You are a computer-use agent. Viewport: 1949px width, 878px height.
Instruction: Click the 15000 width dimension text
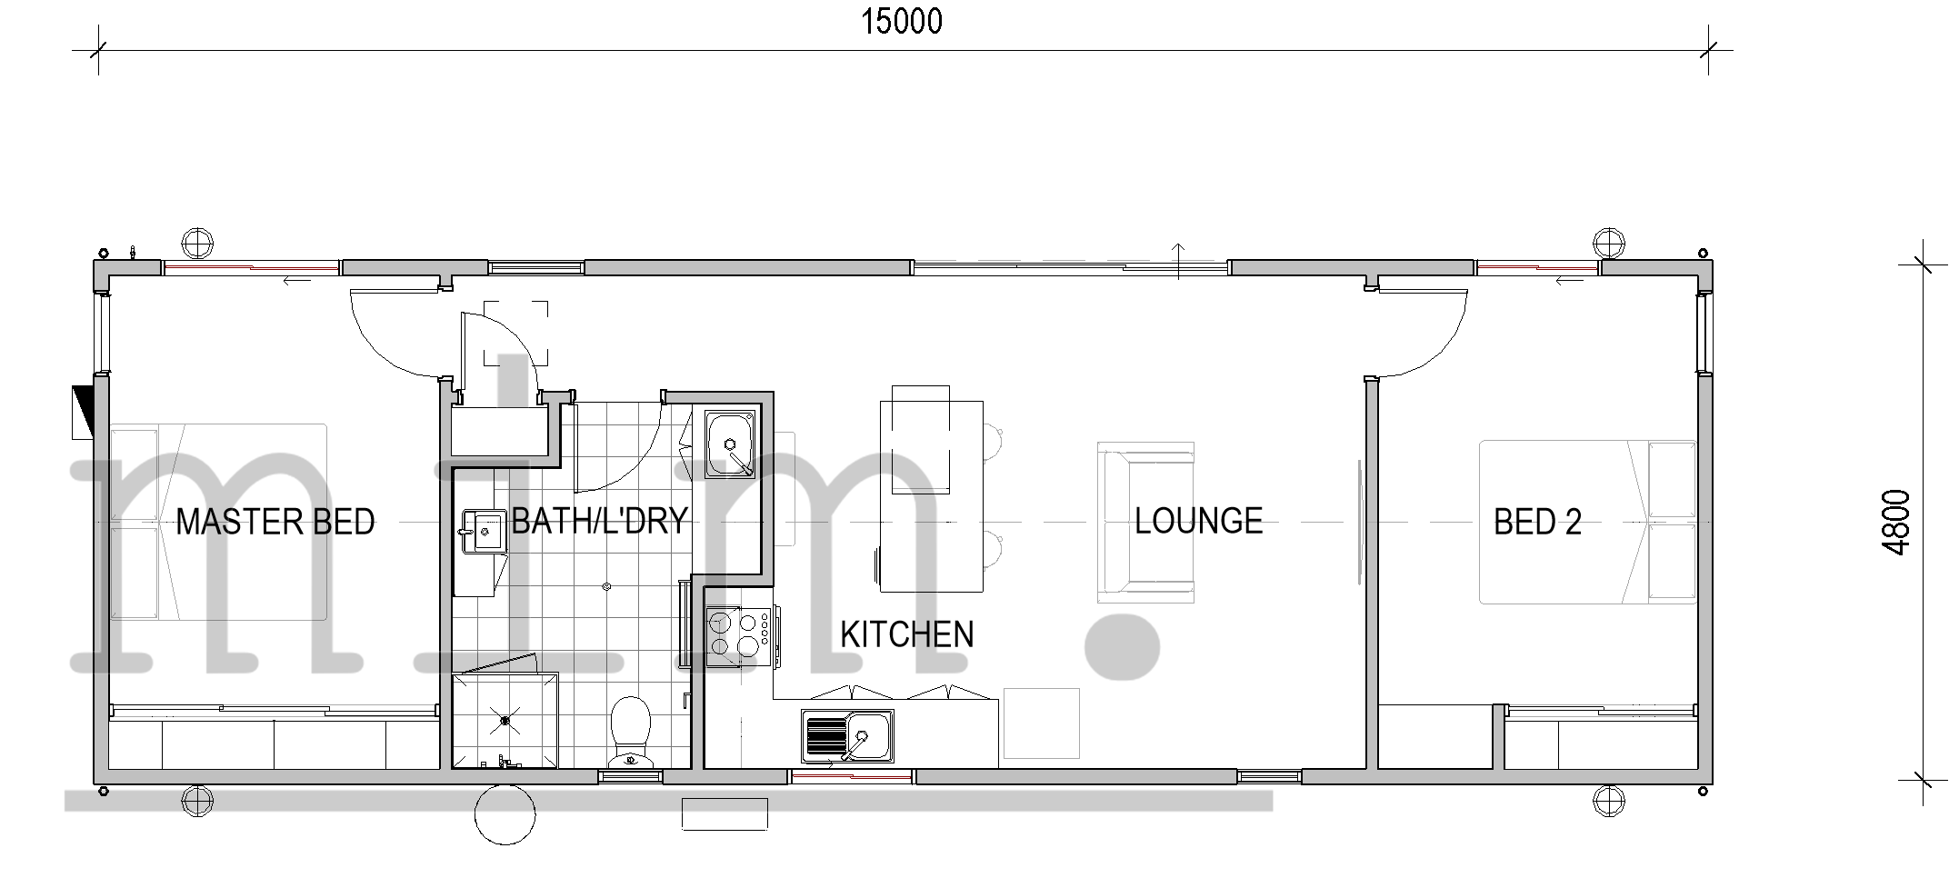point(902,22)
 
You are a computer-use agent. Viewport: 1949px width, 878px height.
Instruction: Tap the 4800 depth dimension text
point(1897,523)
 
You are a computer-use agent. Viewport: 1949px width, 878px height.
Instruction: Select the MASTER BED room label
point(275,522)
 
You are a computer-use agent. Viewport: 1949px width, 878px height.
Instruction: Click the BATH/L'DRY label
point(599,521)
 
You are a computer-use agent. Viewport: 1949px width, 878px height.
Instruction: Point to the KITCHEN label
point(906,634)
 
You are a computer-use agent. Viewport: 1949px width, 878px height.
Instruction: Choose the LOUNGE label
point(1198,521)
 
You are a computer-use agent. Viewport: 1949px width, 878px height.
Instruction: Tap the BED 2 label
point(1537,522)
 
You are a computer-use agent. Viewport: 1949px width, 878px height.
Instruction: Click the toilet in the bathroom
point(630,731)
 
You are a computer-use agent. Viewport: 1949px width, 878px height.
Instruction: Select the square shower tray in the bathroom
point(505,720)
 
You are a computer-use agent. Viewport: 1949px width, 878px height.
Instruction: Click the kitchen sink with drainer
point(847,735)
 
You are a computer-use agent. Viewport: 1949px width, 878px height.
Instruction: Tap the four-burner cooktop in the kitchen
point(739,634)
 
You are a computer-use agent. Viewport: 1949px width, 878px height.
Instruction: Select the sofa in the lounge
point(1145,523)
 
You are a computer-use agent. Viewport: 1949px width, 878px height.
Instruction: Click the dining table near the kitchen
point(931,496)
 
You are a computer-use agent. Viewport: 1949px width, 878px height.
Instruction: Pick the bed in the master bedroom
point(218,522)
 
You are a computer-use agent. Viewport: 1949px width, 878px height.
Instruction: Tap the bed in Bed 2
point(1587,523)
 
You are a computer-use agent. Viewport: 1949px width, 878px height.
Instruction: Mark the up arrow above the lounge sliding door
point(1179,261)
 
